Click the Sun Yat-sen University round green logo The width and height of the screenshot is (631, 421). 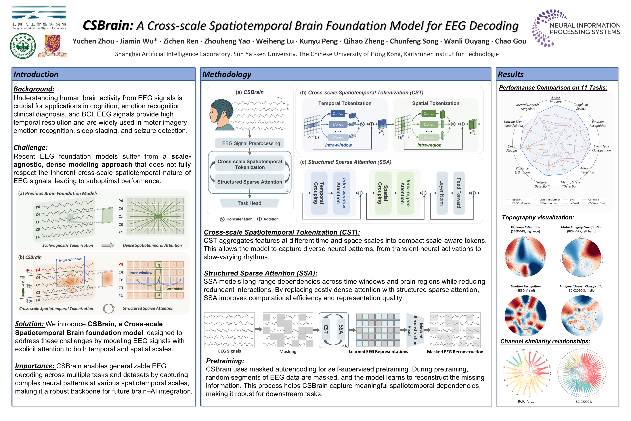(x=23, y=46)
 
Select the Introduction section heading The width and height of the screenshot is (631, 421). (x=36, y=74)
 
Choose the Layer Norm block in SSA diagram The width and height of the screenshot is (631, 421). (x=442, y=193)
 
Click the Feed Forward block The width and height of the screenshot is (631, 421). (x=459, y=193)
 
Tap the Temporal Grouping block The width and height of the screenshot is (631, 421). (x=319, y=193)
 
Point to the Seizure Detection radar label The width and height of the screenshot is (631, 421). (x=541, y=184)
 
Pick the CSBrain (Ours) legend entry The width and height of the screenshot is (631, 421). (x=597, y=203)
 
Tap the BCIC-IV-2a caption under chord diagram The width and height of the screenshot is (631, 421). (x=526, y=401)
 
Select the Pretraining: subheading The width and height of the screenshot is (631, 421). (x=225, y=361)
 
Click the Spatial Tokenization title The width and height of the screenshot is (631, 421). (x=435, y=103)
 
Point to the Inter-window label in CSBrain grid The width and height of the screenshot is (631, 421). (x=141, y=273)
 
